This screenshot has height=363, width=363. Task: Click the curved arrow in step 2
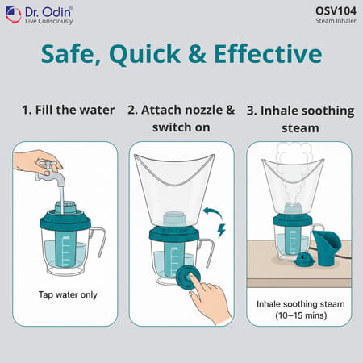(213, 215)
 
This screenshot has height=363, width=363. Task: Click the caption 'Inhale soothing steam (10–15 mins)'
(299, 311)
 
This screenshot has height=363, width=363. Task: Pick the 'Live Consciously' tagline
(49, 21)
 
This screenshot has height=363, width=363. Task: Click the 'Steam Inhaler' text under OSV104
(335, 22)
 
